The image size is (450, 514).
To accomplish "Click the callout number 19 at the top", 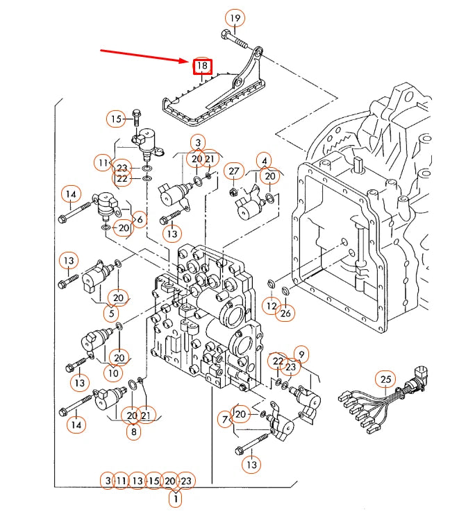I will coord(235,17).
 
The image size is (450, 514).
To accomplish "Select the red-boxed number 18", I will coord(202,66).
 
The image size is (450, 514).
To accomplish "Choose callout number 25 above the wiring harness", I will coord(386,379).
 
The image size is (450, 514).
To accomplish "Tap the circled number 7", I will coord(225,419).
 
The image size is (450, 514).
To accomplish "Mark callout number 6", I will coord(139,219).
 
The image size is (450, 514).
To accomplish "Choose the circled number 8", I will coord(132,431).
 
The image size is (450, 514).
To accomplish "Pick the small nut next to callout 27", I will coord(234,191).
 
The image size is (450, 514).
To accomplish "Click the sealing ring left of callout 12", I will coord(270,284).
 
